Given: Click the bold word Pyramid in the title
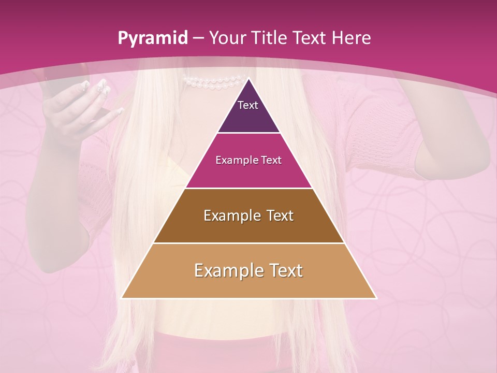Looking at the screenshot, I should pos(152,38).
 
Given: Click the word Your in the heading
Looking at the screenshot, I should pos(228,38).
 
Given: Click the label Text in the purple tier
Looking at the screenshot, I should pos(248,105).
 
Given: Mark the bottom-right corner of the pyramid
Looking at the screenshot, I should pos(376,298).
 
